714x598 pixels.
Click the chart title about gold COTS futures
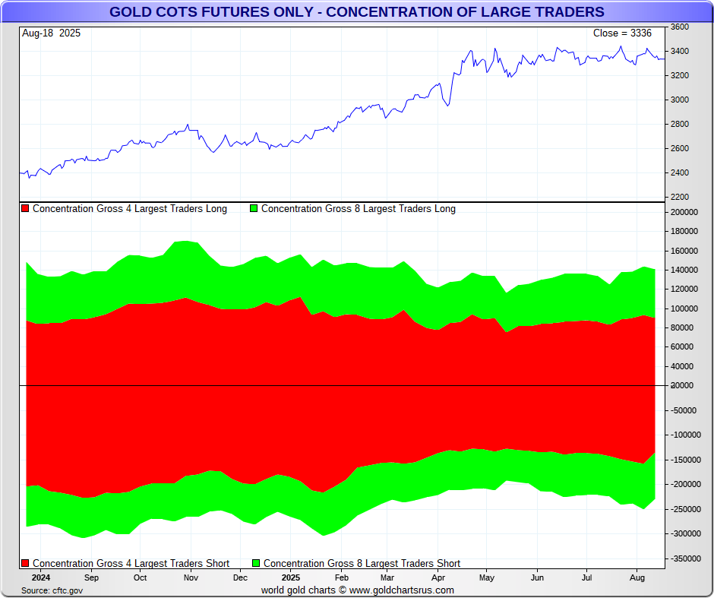click(357, 11)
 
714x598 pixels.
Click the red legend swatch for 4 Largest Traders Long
click(25, 208)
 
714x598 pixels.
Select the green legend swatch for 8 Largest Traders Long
click(254, 208)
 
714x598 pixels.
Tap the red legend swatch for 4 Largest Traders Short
click(25, 563)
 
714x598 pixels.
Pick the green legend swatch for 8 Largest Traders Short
click(256, 563)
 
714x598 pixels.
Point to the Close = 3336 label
click(622, 33)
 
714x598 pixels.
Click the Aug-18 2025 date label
click(52, 33)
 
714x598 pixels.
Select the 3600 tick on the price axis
click(680, 27)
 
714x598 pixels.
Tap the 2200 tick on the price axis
click(680, 197)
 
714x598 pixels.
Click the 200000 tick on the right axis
click(684, 212)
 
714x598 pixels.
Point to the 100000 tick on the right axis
click(684, 308)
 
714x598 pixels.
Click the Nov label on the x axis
click(191, 577)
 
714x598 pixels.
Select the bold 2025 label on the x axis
click(290, 577)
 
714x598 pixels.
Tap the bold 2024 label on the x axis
click(41, 577)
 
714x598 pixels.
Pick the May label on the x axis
click(487, 577)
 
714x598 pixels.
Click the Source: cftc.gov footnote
click(52, 590)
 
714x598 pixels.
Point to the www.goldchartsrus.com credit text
click(402, 590)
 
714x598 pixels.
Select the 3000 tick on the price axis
click(680, 100)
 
